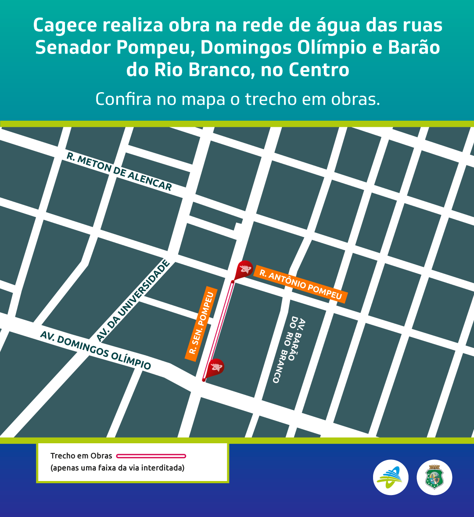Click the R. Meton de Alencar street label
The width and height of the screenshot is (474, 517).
pyautogui.click(x=119, y=172)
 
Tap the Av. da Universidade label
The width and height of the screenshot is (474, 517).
pyautogui.click(x=133, y=301)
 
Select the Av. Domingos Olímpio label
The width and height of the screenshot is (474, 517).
pyautogui.click(x=95, y=350)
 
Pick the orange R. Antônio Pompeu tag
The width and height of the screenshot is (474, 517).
pyautogui.click(x=301, y=284)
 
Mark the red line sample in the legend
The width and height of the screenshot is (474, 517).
pyautogui.click(x=151, y=456)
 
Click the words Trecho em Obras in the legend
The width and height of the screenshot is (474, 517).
pyautogui.click(x=81, y=456)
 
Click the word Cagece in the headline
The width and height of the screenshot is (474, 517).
pyautogui.click(x=65, y=25)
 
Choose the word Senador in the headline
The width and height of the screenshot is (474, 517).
pyautogui.click(x=73, y=47)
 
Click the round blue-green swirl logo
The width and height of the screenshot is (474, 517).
pyautogui.click(x=391, y=478)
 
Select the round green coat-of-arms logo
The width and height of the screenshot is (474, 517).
pyautogui.click(x=434, y=478)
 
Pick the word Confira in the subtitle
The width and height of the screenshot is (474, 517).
pyautogui.click(x=123, y=99)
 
